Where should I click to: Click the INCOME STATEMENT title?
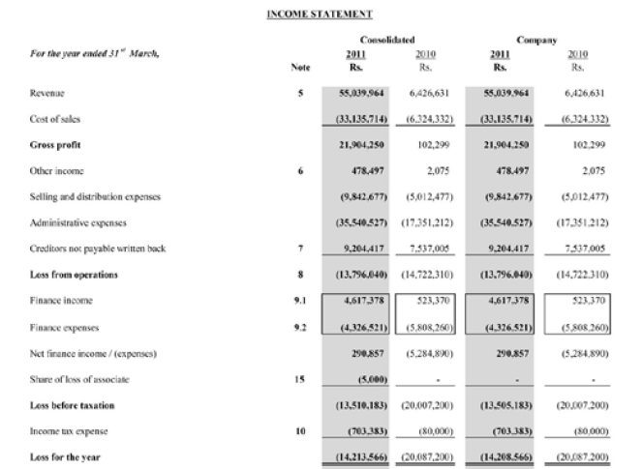tap(320, 15)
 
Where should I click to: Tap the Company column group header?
tap(536, 42)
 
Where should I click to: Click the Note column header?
tap(300, 68)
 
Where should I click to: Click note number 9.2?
tap(300, 327)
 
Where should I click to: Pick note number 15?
tap(300, 379)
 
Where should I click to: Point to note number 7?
tap(300, 249)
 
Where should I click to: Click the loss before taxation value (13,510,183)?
tap(356, 405)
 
